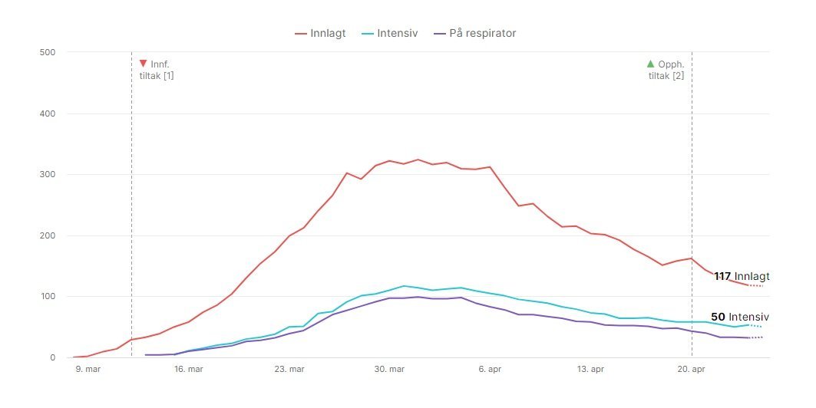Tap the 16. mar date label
point(188,369)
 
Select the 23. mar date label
point(289,369)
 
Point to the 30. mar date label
point(389,369)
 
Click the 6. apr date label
point(491,369)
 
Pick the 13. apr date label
point(590,369)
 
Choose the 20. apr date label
point(691,369)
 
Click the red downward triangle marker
point(143,64)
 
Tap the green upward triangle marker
point(651,64)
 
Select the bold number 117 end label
point(722,276)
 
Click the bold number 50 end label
point(718,317)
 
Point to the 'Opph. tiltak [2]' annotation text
point(666,70)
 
